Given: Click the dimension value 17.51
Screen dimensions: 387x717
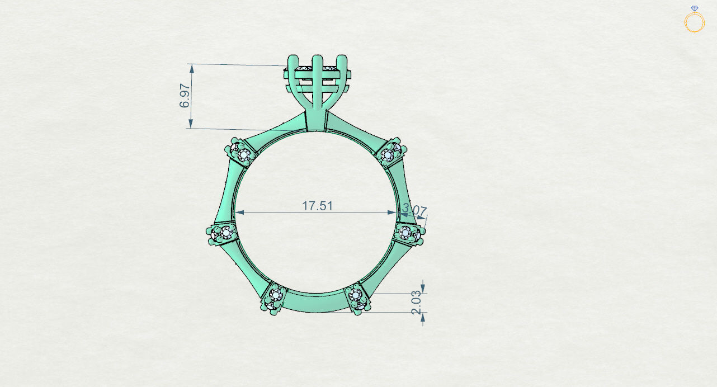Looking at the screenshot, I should [317, 205].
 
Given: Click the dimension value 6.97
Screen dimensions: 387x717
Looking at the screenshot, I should [185, 97].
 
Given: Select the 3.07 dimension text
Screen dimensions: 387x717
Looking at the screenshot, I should [414, 211].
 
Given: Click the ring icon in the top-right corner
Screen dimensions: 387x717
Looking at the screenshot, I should [694, 21].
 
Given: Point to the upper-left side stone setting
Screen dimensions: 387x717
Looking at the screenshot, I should [242, 152].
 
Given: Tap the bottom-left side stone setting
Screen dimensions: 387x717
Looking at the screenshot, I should [274, 297].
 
